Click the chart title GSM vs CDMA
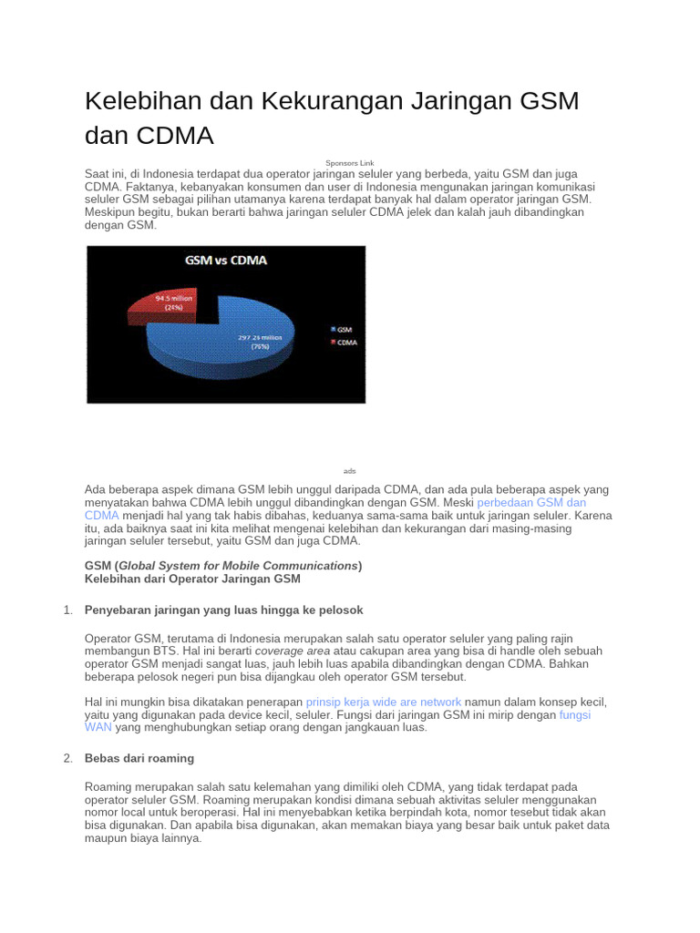click(x=225, y=260)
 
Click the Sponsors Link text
click(x=350, y=163)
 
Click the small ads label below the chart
click(x=350, y=471)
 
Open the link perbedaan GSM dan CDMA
click(x=531, y=502)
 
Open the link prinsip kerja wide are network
click(x=384, y=702)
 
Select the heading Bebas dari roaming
click(x=139, y=758)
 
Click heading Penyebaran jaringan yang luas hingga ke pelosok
click(x=224, y=610)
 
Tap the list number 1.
click(x=68, y=610)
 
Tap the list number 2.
click(x=68, y=758)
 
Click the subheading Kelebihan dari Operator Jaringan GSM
click(x=192, y=579)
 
